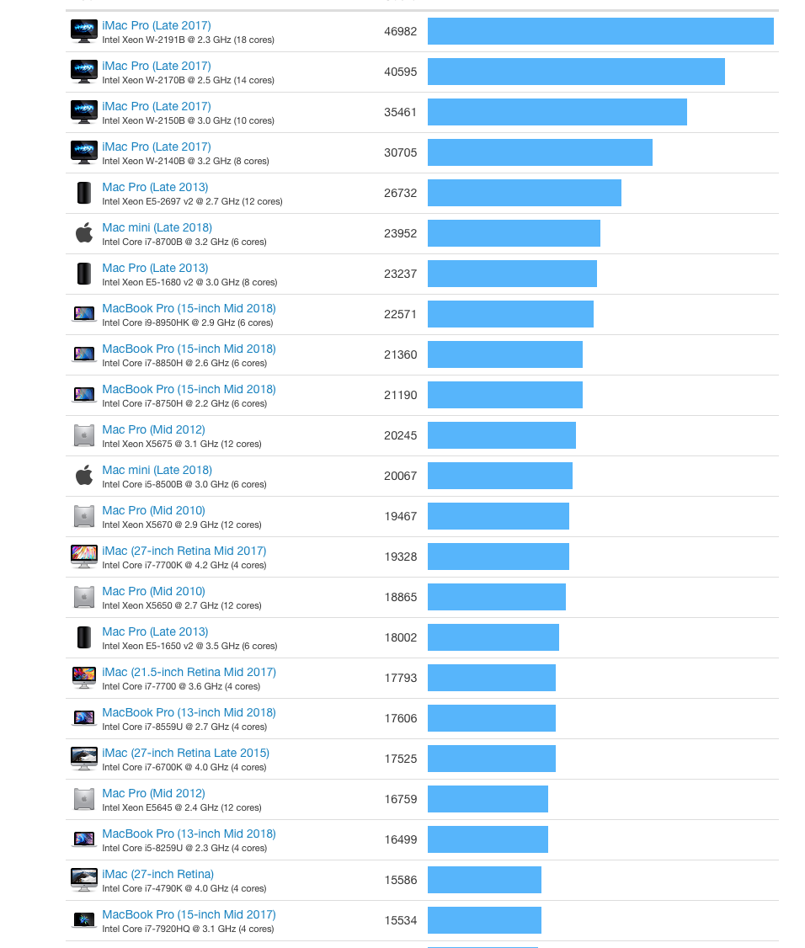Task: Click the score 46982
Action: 400,31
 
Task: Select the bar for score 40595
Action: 576,72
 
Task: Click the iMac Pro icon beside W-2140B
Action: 84,152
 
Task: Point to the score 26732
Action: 400,193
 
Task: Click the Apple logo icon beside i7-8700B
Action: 84,233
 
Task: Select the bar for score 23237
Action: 512,274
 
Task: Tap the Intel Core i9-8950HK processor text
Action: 187,322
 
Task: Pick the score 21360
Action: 400,354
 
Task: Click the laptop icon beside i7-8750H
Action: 84,395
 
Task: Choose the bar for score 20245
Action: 501,435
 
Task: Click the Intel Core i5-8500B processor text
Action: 184,484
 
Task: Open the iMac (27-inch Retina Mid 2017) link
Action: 184,551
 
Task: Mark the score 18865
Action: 400,597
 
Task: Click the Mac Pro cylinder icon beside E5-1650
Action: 84,637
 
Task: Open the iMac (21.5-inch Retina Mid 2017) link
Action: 189,672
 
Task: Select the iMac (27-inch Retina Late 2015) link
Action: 185,753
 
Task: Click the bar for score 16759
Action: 488,799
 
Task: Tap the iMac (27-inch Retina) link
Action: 157,874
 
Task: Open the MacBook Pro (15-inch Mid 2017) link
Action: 189,914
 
